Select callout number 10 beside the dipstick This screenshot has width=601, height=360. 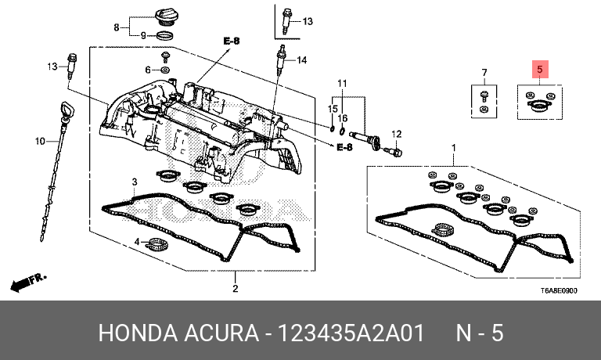(40, 142)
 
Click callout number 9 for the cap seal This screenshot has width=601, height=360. (143, 36)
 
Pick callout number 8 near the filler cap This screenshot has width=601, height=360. (117, 27)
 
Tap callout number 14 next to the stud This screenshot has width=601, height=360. (301, 60)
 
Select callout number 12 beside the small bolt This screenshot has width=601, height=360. (397, 134)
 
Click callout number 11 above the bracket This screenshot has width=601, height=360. (341, 83)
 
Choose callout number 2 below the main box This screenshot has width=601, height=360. (235, 290)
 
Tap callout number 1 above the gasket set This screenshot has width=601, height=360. (453, 147)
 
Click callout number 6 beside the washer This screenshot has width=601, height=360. (146, 70)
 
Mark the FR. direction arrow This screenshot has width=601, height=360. (28, 280)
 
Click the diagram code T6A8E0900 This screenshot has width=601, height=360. (558, 290)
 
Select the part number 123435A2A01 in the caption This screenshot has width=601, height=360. (349, 333)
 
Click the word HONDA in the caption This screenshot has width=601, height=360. (136, 333)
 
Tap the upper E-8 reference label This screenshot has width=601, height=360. (231, 40)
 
